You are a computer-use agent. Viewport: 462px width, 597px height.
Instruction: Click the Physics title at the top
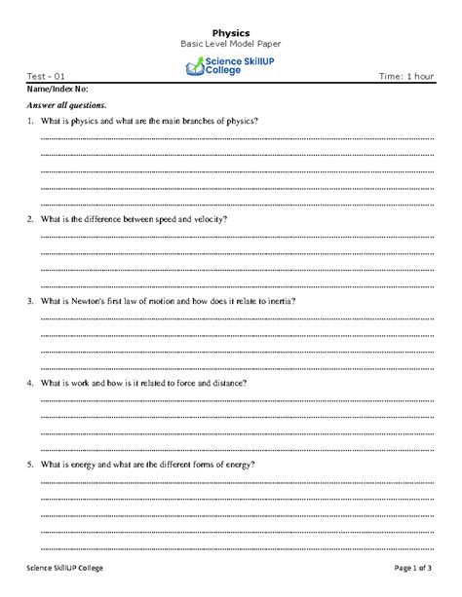pos(230,33)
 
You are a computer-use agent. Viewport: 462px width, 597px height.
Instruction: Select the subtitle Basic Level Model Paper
pos(230,46)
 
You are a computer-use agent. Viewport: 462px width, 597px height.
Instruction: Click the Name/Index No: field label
pos(58,89)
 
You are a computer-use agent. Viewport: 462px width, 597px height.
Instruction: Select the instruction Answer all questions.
pos(66,104)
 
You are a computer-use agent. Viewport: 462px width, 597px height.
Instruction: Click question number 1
pos(31,121)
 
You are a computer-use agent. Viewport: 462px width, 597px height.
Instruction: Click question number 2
pos(31,219)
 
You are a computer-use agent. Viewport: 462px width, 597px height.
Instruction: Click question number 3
pos(31,301)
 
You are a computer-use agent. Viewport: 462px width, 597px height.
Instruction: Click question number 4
pos(31,383)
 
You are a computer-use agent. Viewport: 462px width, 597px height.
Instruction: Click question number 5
pos(31,465)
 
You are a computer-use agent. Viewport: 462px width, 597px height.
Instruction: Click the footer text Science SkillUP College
pos(64,568)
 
